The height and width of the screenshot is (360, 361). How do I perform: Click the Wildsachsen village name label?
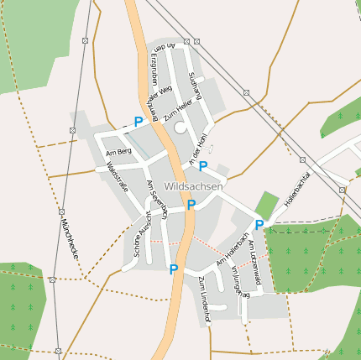pos(194,185)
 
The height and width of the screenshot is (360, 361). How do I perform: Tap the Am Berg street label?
pos(118,152)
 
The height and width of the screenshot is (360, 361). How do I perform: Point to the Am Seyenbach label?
pos(157,197)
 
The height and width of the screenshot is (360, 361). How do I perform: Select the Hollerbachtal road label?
pos(298,188)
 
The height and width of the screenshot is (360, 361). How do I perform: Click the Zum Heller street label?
pos(179,109)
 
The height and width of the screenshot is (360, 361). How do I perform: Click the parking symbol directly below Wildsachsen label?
pos(191,204)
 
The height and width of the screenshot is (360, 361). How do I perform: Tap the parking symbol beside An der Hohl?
pos(203,165)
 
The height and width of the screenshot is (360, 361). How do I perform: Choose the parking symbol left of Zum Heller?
pos(139,122)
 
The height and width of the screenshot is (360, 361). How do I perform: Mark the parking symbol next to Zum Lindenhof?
pos(174,269)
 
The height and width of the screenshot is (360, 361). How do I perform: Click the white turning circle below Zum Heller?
pos(180,128)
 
